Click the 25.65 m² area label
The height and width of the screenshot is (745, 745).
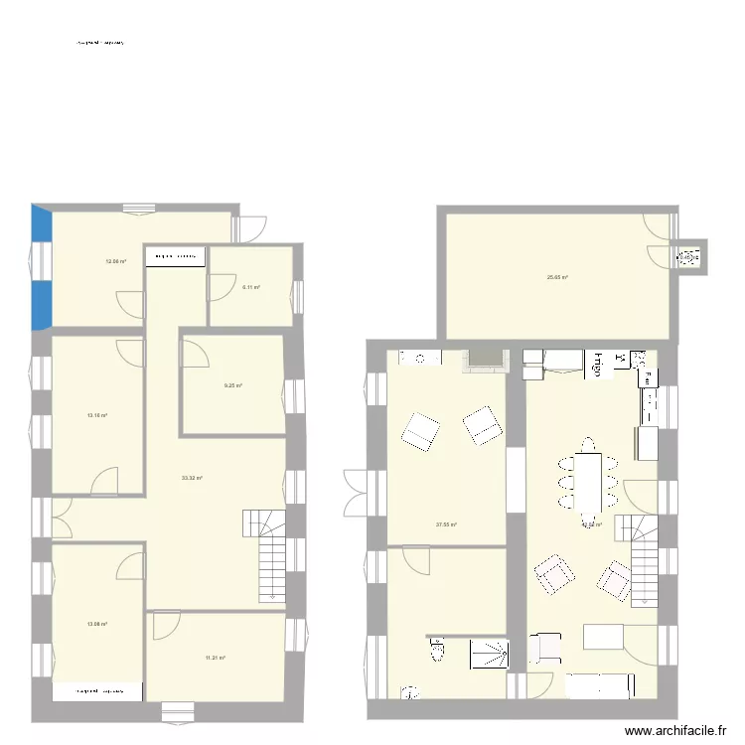click(557, 277)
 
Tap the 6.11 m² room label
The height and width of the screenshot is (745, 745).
click(250, 287)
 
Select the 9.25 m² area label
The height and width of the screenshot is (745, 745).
click(233, 385)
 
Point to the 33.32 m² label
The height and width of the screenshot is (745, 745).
click(192, 478)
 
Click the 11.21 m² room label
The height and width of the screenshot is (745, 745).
click(216, 658)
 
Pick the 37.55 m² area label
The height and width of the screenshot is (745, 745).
click(446, 525)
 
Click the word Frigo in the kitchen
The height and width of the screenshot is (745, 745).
click(599, 365)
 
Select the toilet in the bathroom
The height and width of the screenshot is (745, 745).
click(436, 652)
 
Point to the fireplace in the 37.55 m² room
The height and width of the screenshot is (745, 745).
click(484, 359)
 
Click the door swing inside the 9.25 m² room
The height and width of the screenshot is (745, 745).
click(195, 355)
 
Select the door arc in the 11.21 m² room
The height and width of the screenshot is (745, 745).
click(165, 627)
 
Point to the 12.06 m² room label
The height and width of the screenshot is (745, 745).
click(116, 261)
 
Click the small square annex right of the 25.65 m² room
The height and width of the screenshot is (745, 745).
click(688, 257)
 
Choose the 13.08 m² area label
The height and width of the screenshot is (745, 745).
click(96, 624)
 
